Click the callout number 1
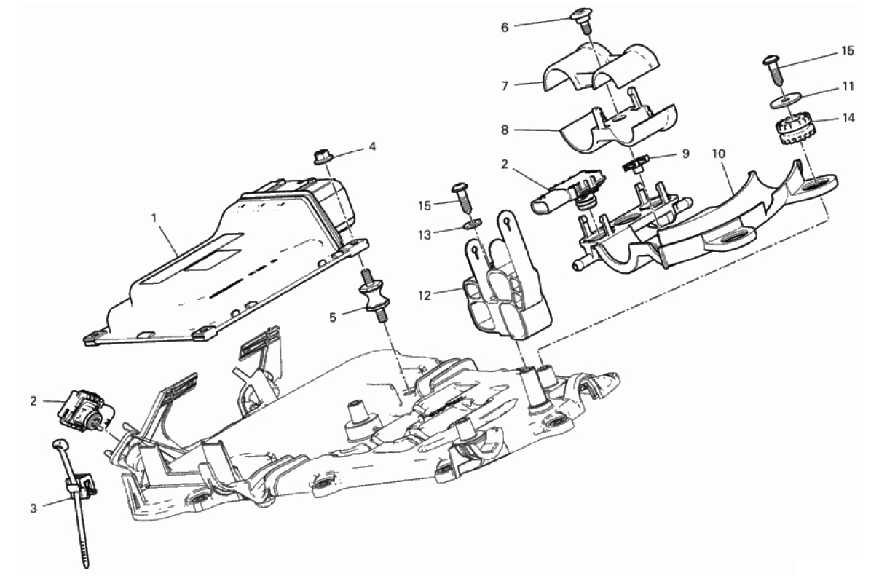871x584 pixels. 156,218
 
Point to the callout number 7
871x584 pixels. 505,87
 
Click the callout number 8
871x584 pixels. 505,130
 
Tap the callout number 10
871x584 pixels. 719,154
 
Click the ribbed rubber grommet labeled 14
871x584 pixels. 789,130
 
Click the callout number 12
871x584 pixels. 425,296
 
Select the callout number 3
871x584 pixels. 33,508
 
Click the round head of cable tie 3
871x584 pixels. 60,443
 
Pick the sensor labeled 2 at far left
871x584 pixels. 85,411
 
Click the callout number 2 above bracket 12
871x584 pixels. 505,164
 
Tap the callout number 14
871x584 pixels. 848,118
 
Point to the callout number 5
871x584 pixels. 333,317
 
